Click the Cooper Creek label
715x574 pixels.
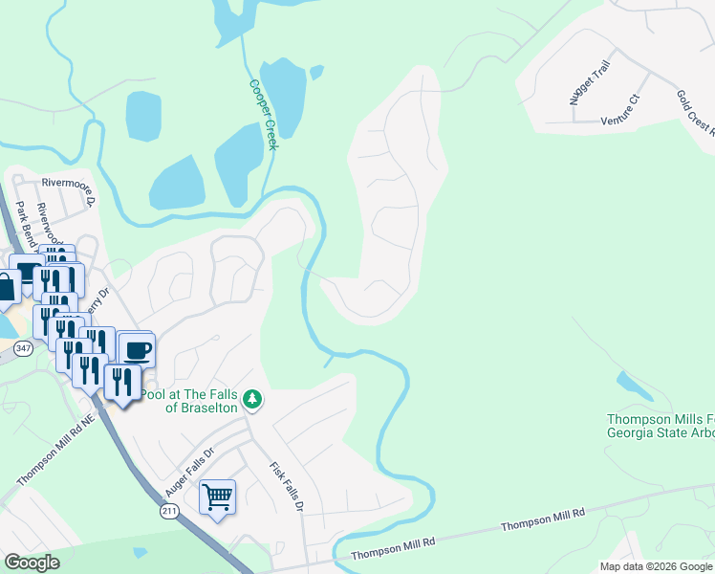pyautogui.click(x=263, y=113)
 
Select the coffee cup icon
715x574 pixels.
pyautogui.click(x=136, y=349)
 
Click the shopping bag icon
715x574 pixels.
pyautogui.click(x=6, y=287)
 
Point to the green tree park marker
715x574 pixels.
pyautogui.click(x=251, y=398)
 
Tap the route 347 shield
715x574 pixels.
pyautogui.click(x=24, y=348)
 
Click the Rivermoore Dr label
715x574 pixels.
pyautogui.click(x=69, y=189)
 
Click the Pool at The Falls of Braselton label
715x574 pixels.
pyautogui.click(x=189, y=401)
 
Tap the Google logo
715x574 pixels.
pyautogui.click(x=32, y=563)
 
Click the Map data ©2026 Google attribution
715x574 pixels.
pyautogui.click(x=656, y=566)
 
